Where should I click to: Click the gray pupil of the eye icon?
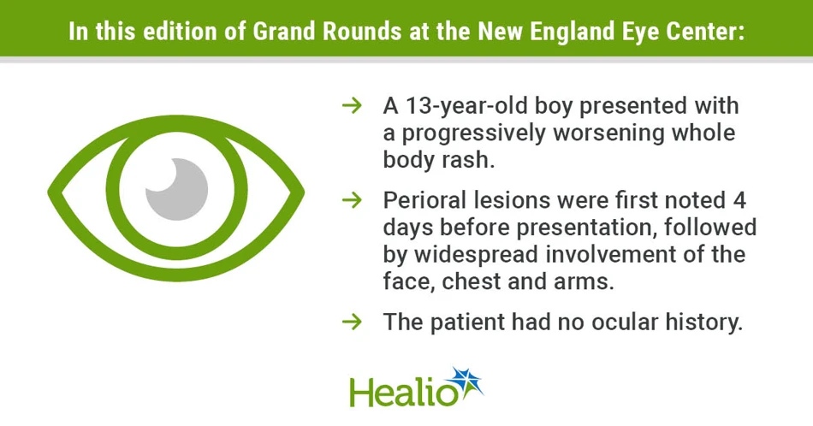[x=179, y=192]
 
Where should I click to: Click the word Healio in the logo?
[x=402, y=392]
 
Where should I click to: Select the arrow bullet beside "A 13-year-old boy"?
[x=352, y=106]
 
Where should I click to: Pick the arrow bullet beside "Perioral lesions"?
[x=352, y=200]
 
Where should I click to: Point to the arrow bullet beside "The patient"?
[x=352, y=322]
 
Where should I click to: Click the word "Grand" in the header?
[x=284, y=32]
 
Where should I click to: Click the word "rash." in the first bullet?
[x=468, y=160]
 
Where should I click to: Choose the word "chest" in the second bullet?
[x=472, y=282]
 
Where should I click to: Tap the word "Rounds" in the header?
[x=361, y=32]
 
